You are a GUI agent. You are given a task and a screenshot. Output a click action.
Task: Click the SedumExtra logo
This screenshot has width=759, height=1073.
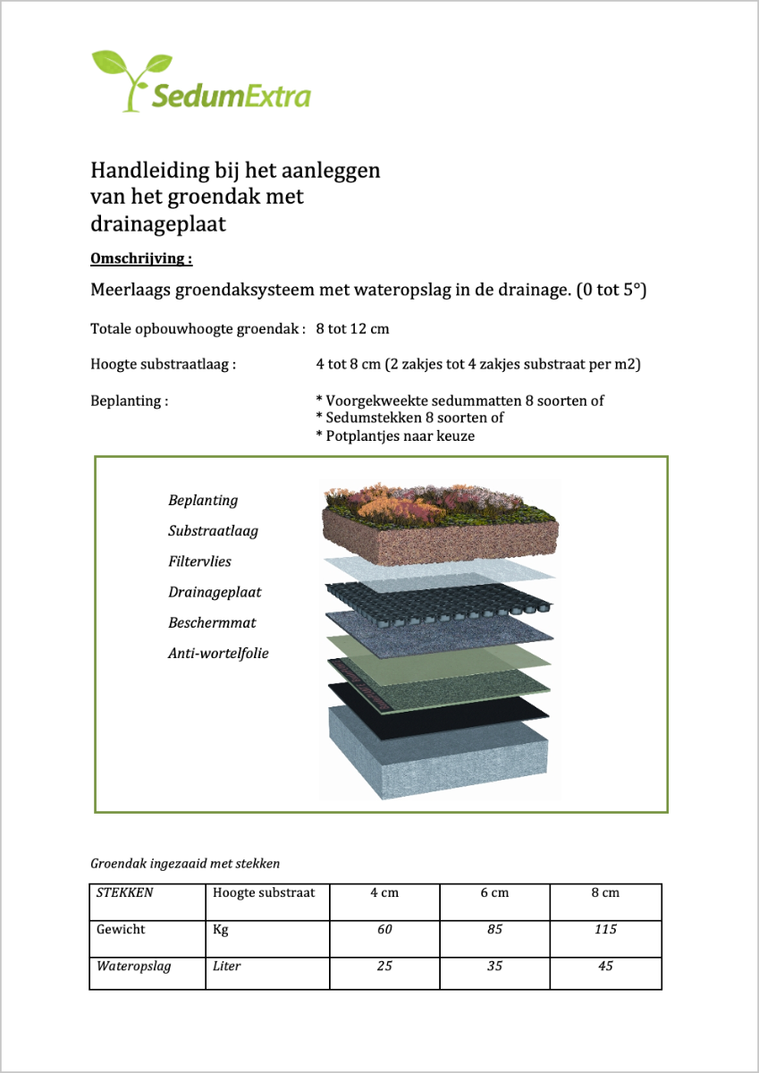pos(201,82)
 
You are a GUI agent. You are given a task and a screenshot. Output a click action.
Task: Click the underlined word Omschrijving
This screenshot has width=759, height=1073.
pos(141,259)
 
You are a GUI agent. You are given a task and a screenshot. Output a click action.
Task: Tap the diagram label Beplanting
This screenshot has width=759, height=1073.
pos(203,500)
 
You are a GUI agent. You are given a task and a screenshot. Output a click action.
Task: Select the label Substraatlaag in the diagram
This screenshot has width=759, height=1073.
pos(213,530)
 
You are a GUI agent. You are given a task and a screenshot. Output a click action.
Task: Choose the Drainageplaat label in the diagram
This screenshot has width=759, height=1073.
pos(215,592)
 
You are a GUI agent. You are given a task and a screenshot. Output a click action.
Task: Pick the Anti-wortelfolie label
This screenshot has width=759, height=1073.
pos(218,653)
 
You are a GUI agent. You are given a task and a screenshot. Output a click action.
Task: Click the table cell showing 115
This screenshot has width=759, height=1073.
pos(605,929)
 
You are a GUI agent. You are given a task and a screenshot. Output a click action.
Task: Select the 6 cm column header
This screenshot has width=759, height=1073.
pos(494,892)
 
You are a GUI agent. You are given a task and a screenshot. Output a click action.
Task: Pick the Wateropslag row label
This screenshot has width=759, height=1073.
pos(133,967)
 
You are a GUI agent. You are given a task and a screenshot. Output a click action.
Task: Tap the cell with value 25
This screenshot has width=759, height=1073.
pos(384,967)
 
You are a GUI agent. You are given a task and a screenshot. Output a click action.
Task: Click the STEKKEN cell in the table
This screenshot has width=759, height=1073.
pos(124,892)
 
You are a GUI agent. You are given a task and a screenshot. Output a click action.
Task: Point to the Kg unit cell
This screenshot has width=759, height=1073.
pos(221,930)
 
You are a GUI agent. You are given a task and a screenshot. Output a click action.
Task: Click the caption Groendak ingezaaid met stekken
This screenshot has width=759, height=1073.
pos(185,864)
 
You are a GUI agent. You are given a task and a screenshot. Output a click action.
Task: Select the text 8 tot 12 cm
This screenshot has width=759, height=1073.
pos(352,328)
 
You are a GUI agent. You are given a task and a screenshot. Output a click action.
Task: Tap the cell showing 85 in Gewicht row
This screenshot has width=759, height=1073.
pos(494,929)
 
